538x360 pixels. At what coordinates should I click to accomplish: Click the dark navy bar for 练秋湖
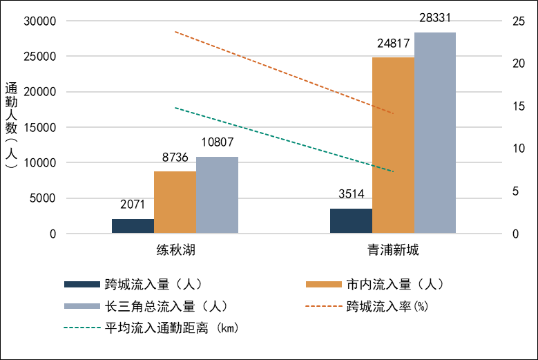click(x=133, y=227)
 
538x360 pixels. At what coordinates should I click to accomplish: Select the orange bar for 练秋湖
click(x=175, y=202)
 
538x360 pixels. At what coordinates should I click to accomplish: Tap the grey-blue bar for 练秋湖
click(x=217, y=196)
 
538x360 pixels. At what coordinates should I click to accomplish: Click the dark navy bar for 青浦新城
click(x=351, y=221)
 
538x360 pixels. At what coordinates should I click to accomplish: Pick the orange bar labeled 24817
click(x=393, y=145)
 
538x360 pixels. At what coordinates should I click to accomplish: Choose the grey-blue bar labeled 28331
click(x=435, y=133)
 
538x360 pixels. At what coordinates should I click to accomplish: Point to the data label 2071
click(x=133, y=205)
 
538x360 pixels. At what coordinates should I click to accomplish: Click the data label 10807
click(x=217, y=143)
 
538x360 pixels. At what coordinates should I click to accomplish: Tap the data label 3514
click(x=351, y=194)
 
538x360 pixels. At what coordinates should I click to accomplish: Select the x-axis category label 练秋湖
click(x=175, y=250)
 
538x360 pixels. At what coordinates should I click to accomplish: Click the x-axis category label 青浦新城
click(x=393, y=250)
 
